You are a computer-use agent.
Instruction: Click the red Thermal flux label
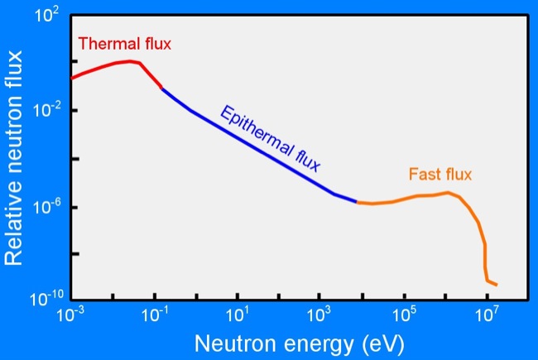[124, 45]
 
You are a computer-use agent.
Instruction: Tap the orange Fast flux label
[440, 175]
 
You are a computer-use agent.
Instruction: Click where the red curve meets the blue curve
[161, 88]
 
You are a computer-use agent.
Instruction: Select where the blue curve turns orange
[358, 202]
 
